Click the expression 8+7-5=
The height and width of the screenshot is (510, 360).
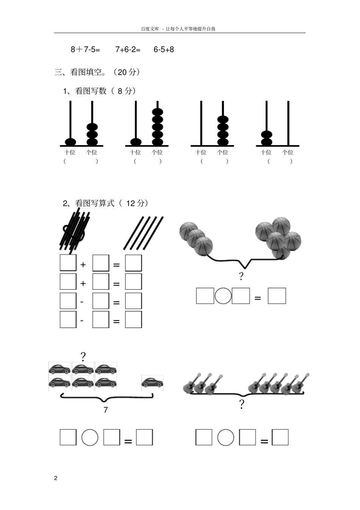click(x=85, y=49)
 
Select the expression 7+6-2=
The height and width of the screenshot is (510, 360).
click(x=128, y=49)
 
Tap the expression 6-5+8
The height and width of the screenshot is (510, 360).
click(x=164, y=49)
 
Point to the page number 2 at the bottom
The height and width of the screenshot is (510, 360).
click(x=56, y=478)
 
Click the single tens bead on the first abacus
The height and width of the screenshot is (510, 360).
click(x=70, y=142)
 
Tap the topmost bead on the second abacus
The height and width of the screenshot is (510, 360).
click(x=158, y=112)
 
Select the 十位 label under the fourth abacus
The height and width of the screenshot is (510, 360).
click(x=266, y=152)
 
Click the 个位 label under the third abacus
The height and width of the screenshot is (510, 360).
click(x=222, y=152)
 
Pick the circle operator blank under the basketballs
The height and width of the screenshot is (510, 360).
click(x=223, y=296)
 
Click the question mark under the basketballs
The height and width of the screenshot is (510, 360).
click(x=241, y=276)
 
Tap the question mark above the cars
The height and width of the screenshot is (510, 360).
click(x=83, y=356)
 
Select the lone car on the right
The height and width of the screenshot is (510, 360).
click(x=152, y=383)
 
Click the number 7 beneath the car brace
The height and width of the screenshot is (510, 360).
click(x=106, y=410)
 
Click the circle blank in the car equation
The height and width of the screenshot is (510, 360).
click(x=90, y=437)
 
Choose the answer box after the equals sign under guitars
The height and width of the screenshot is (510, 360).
click(x=280, y=437)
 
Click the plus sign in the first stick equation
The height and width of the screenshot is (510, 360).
click(x=83, y=265)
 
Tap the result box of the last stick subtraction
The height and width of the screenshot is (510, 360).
click(x=133, y=319)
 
